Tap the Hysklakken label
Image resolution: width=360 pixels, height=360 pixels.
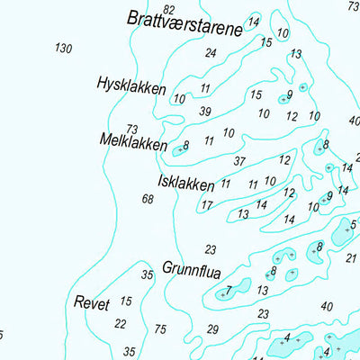(x=131, y=86)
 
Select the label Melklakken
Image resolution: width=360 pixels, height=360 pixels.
(x=134, y=143)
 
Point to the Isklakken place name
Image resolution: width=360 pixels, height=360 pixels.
(x=185, y=184)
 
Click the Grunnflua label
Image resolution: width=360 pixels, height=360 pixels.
(x=192, y=268)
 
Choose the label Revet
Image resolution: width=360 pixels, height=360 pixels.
(x=92, y=304)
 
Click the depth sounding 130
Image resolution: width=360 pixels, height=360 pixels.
(x=63, y=49)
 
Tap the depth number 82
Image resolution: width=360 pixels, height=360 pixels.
(x=169, y=9)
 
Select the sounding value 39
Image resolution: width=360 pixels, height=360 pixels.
(x=205, y=112)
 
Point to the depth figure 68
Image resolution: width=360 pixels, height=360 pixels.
(x=148, y=199)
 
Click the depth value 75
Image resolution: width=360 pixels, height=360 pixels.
(x=160, y=329)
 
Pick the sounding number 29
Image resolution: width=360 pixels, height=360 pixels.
(x=213, y=329)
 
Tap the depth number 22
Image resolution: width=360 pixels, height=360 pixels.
(x=121, y=324)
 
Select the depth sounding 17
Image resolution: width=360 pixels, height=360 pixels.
(x=207, y=206)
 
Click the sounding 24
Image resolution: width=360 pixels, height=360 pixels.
(x=211, y=53)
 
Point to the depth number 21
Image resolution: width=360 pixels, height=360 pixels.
(x=351, y=259)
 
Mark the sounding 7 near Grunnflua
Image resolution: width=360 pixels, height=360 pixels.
(x=229, y=290)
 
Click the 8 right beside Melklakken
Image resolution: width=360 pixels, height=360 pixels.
(x=186, y=146)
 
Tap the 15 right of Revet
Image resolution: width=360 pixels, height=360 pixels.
(x=126, y=301)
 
